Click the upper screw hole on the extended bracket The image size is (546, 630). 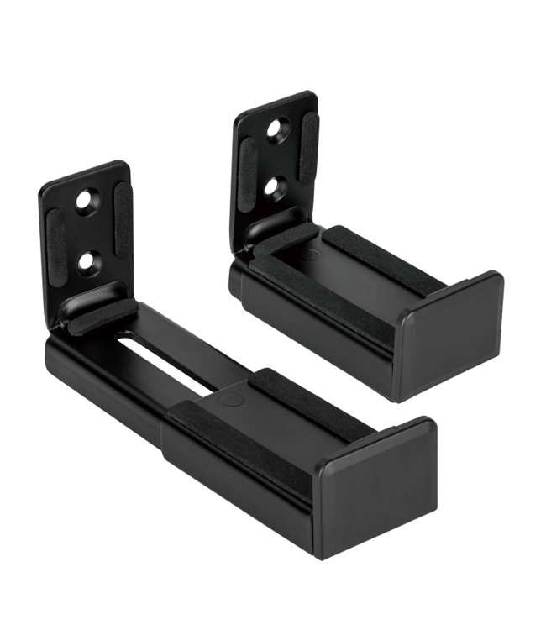coord(86,202)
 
